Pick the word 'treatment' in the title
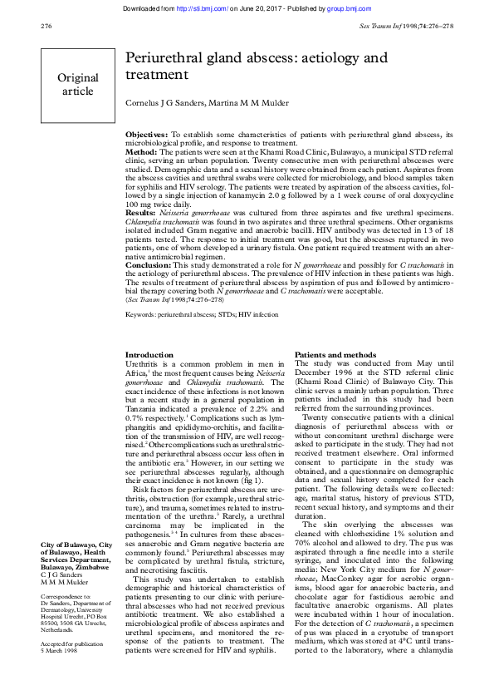(x=156, y=76)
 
